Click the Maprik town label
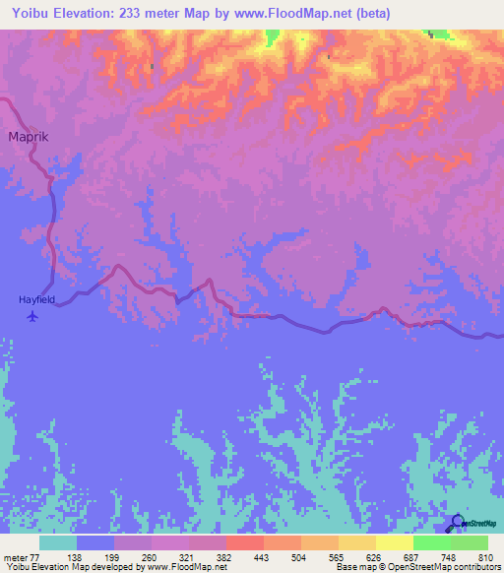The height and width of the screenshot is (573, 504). pyautogui.click(x=29, y=138)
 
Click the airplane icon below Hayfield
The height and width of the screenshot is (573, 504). pyautogui.click(x=33, y=316)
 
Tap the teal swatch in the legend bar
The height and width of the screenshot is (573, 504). pyautogui.click(x=58, y=543)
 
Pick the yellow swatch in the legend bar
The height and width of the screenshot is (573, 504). pyautogui.click(x=395, y=543)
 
